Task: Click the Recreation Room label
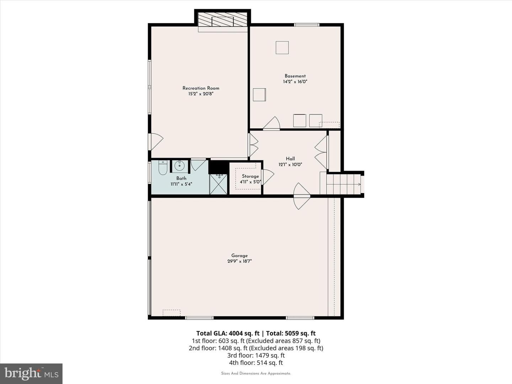pyautogui.click(x=201, y=88)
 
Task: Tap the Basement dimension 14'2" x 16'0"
pyautogui.click(x=295, y=82)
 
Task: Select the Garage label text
pyautogui.click(x=239, y=256)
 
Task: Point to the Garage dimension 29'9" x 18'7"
pyautogui.click(x=239, y=261)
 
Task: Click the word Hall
pyautogui.click(x=290, y=159)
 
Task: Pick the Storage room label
pyautogui.click(x=250, y=176)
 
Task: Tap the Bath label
pyautogui.click(x=181, y=178)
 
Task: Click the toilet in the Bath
pyautogui.click(x=162, y=167)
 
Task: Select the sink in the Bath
pyautogui.click(x=180, y=166)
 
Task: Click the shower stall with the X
pyautogui.click(x=218, y=185)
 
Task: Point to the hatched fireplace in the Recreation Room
pyautogui.click(x=223, y=19)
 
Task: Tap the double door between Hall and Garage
pyautogui.click(x=302, y=196)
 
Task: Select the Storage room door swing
pyautogui.click(x=267, y=177)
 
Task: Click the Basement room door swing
pyautogui.click(x=272, y=123)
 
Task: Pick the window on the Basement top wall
pyautogui.click(x=306, y=25)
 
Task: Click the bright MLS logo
pyautogui.click(x=31, y=373)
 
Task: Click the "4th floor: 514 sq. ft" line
pyautogui.click(x=256, y=363)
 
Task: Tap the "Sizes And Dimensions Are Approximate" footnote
pyautogui.click(x=256, y=373)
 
